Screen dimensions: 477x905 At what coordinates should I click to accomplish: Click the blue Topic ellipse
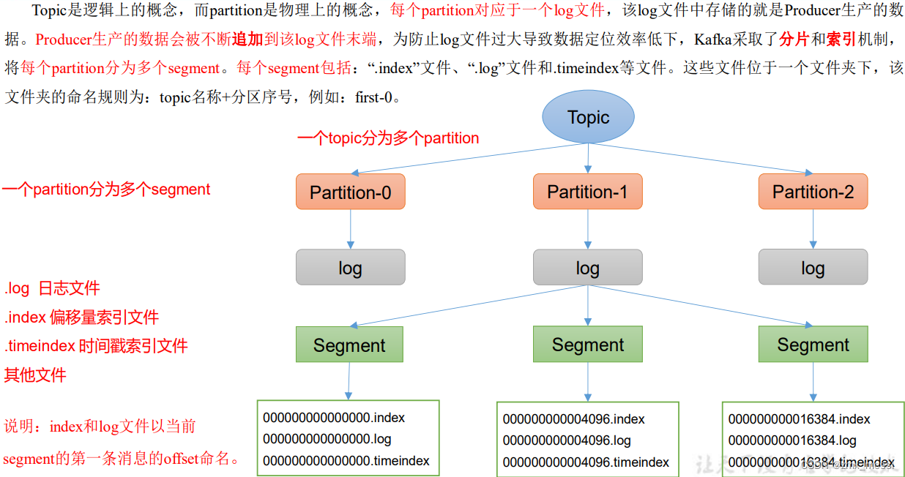[x=588, y=117]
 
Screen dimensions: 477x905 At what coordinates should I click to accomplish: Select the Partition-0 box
[x=350, y=192]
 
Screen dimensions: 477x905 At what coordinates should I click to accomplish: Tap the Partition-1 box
[x=587, y=192]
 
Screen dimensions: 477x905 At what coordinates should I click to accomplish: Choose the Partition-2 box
[x=813, y=192]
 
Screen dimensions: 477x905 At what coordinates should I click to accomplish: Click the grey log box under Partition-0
[x=350, y=268]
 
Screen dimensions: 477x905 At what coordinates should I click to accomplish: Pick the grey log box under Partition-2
[x=813, y=268]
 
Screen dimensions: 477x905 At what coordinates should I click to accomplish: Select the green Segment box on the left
[x=349, y=345]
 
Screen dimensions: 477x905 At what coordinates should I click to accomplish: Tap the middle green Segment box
[x=587, y=345]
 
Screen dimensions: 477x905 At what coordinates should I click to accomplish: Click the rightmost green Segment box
[x=813, y=345]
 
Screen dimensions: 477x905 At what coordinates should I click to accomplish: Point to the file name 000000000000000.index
[x=334, y=418]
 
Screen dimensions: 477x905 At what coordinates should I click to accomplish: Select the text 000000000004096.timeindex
[x=586, y=462]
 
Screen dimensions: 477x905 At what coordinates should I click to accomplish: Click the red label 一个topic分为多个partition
[x=388, y=138]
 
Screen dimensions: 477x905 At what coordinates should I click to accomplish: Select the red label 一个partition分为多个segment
[x=106, y=189]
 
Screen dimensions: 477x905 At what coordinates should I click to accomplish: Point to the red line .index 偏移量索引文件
[x=82, y=318]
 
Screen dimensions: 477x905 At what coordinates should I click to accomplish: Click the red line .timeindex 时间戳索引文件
[x=97, y=346]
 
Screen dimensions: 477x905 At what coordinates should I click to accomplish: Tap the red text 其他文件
[x=35, y=375]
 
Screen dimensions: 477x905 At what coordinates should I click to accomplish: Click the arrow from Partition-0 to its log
[x=351, y=229]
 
